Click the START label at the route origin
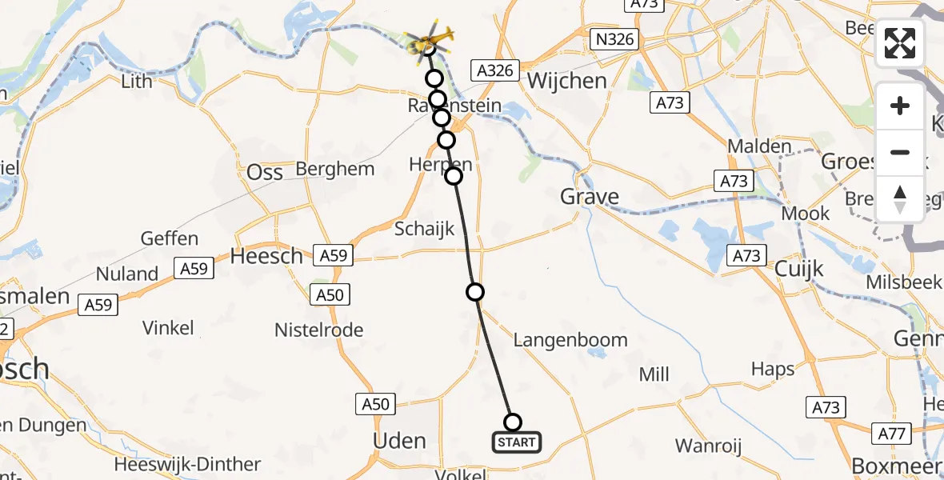point(516,442)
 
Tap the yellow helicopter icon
point(430,38)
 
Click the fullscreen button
point(900,43)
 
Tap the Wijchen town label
point(566,81)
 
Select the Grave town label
point(590,196)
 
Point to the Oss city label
point(265,172)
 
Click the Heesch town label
point(266,256)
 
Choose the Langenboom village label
point(570,340)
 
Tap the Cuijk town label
point(799,270)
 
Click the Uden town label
point(400,441)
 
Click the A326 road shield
point(495,70)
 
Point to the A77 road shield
point(897,434)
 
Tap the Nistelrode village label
point(318,330)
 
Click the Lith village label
point(136,82)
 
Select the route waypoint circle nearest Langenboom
point(475,292)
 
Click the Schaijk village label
point(424,229)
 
